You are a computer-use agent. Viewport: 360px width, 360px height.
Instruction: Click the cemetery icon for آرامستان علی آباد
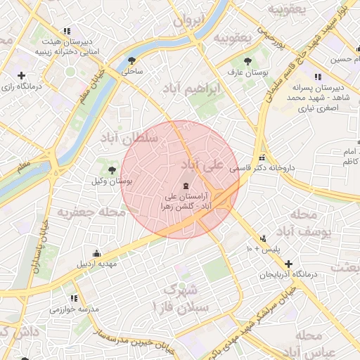pyautogui.click(x=185, y=185)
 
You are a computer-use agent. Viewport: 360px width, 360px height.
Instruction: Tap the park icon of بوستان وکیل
pyautogui.click(x=112, y=169)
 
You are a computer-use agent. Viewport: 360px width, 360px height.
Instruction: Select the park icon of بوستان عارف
pyautogui.click(x=247, y=60)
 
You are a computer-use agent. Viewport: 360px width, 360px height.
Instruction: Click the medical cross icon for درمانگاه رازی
pyautogui.click(x=21, y=75)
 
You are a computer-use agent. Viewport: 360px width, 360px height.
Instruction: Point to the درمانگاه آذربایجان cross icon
pyautogui.click(x=289, y=264)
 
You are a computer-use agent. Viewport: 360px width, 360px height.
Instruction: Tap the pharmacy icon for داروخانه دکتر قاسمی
pyautogui.click(x=262, y=157)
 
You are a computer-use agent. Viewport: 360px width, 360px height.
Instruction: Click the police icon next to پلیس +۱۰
pyautogui.click(x=263, y=238)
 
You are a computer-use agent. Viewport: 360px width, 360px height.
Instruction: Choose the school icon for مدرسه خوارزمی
pyautogui.click(x=71, y=298)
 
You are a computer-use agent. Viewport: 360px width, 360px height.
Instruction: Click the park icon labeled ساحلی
pyautogui.click(x=131, y=60)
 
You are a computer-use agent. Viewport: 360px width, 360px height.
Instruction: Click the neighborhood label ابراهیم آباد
pyautogui.click(x=191, y=89)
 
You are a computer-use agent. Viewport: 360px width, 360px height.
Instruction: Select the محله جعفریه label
pyautogui.click(x=92, y=212)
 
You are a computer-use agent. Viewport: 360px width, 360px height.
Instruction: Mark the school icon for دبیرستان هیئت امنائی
pyautogui.click(x=67, y=31)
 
